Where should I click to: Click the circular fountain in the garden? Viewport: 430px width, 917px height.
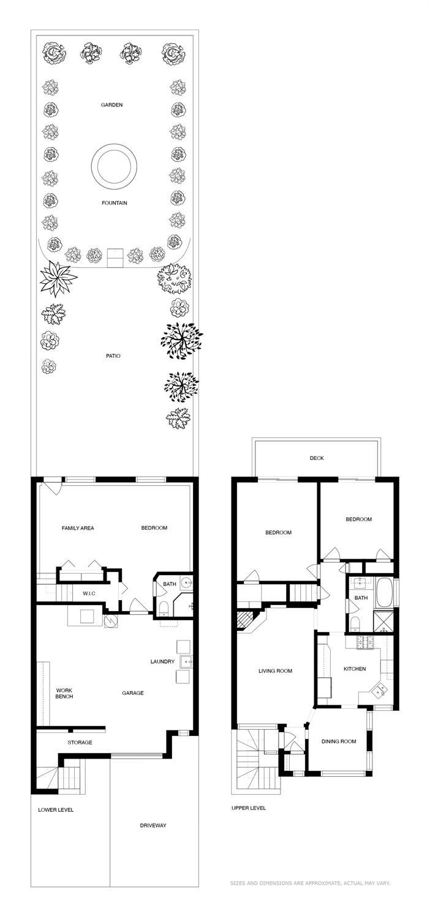coord(113,165)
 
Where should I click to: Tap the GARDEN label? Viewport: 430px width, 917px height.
coord(112,105)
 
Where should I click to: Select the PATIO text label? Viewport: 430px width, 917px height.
coord(113,355)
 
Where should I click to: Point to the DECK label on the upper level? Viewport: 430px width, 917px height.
coord(316,458)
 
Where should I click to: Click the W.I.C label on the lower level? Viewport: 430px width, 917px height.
coord(89,593)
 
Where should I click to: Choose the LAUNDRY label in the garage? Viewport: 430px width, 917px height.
coord(162,661)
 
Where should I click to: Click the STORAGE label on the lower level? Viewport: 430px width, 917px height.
coord(80,742)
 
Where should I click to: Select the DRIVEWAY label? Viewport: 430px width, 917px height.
coord(153,825)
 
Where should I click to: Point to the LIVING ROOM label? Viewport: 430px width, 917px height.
coord(275,671)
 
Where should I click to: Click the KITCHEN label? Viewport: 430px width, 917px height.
coord(355,669)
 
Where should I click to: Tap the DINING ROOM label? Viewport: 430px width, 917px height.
coord(339,741)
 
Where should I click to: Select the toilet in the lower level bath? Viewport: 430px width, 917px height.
coord(164,607)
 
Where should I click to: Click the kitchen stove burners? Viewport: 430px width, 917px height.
coord(369,642)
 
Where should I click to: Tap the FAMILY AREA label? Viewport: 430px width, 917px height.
coord(78,528)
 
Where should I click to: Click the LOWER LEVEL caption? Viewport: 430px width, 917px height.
coord(56,810)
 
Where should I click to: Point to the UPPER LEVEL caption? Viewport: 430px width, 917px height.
coord(249,808)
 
